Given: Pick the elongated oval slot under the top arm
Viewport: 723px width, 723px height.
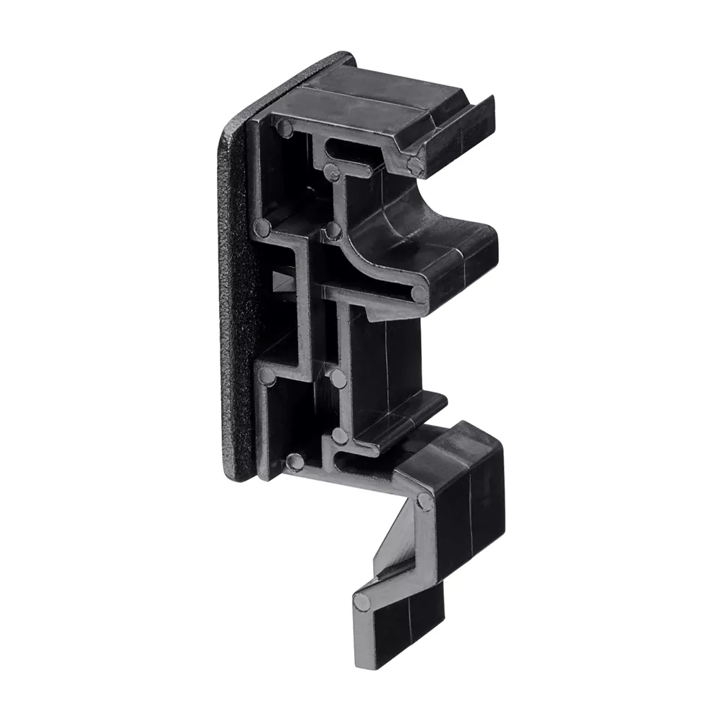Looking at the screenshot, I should [x=354, y=147].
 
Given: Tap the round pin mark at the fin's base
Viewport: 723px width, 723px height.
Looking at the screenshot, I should [x=414, y=165].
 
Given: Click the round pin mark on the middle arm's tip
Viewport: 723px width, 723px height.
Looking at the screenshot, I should [x=418, y=293].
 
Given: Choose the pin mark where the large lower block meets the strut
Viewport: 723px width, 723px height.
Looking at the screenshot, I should [x=424, y=500].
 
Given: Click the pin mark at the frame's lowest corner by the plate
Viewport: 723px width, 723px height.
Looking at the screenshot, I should [x=293, y=460].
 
